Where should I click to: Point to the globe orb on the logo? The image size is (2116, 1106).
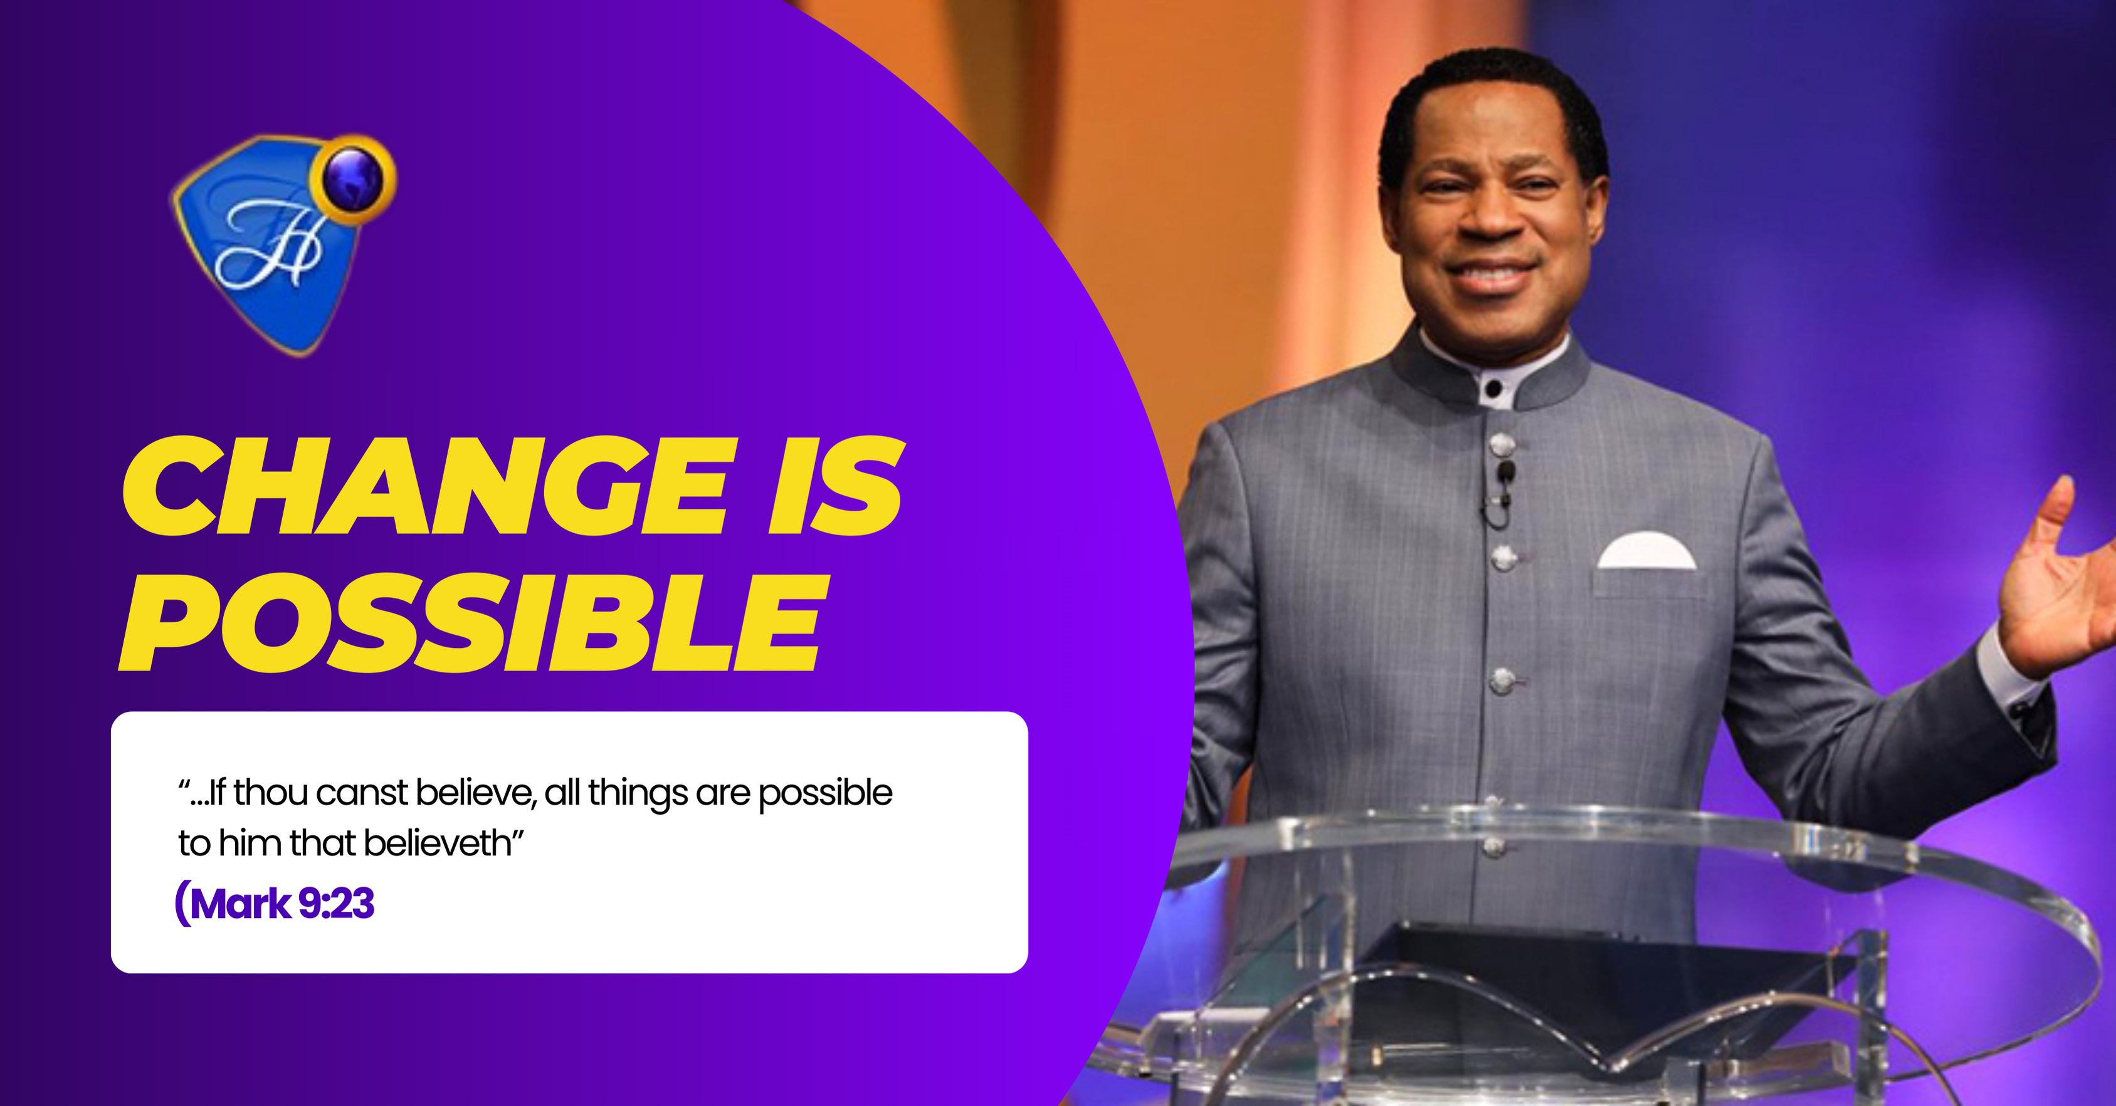(x=353, y=179)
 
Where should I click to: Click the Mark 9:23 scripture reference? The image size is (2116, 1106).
(x=275, y=903)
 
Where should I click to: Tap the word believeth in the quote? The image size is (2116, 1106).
(x=438, y=844)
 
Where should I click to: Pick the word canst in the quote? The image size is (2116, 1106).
(x=361, y=793)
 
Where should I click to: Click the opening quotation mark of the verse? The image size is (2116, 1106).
(x=184, y=783)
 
